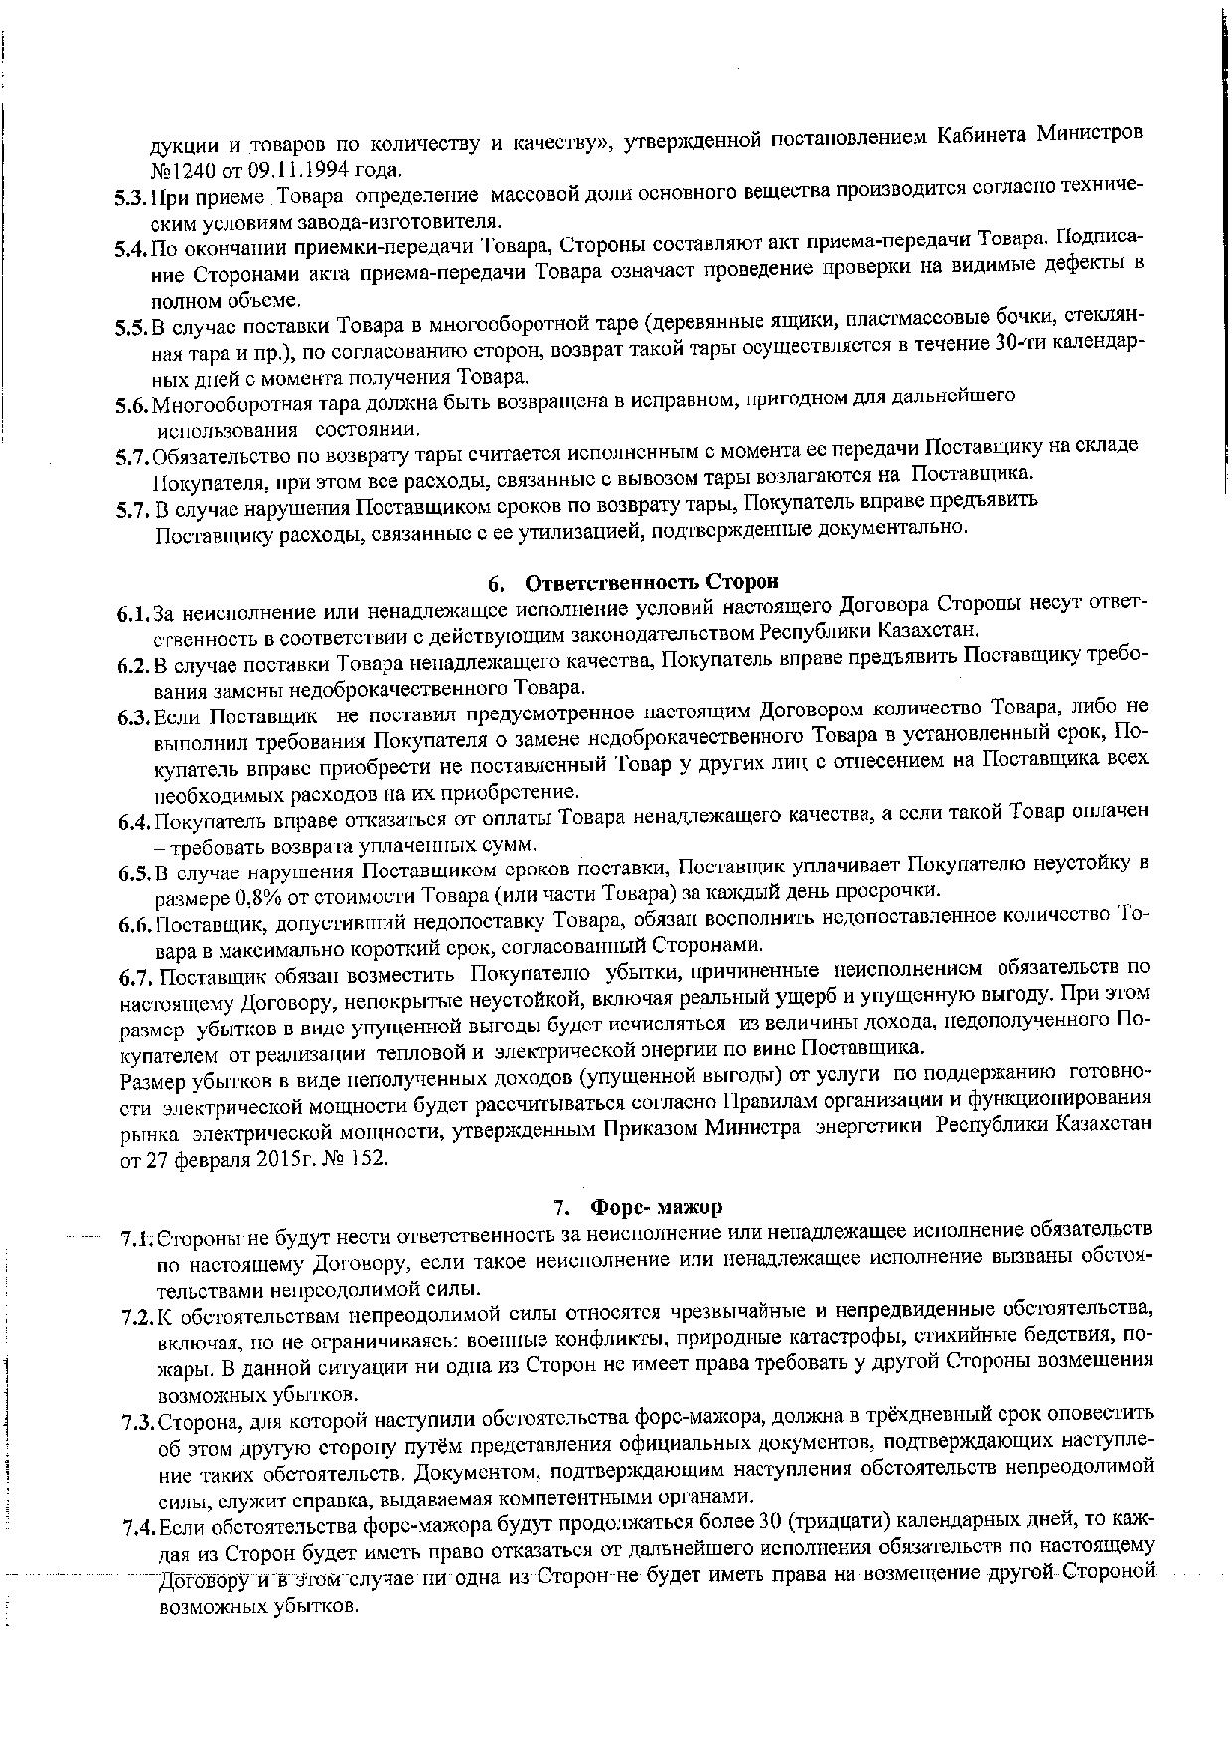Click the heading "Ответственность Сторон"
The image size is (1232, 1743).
tap(651, 581)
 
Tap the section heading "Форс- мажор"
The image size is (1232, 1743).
tap(656, 1207)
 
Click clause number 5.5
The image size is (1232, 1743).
tap(131, 325)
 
